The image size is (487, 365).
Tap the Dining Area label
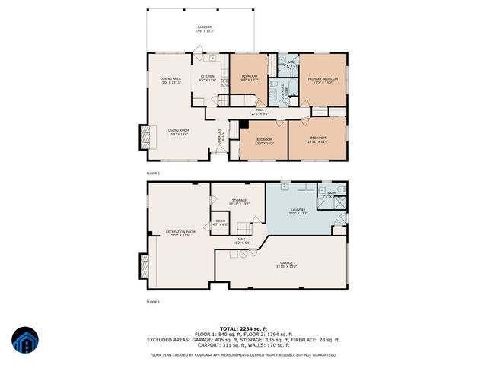coord(170,81)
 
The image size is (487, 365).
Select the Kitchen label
coord(207,78)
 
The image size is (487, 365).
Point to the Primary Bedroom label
coord(323,81)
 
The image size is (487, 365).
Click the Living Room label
coord(178,132)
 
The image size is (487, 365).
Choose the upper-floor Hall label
coord(260,112)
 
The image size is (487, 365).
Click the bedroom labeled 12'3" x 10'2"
coord(264,141)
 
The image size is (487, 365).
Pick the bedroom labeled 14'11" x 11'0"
coord(317,141)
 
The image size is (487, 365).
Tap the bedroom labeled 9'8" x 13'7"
coord(250,78)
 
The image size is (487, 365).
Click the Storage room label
coord(239,202)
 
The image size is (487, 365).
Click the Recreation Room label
coord(180,233)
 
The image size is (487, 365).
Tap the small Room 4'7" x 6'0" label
coord(219,223)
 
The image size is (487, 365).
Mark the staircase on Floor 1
coord(243,230)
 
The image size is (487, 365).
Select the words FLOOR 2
coord(153,173)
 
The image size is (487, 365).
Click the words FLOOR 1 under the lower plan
coord(153,302)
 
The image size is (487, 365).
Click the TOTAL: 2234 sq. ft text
coord(243,328)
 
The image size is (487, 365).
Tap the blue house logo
coord(24,341)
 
